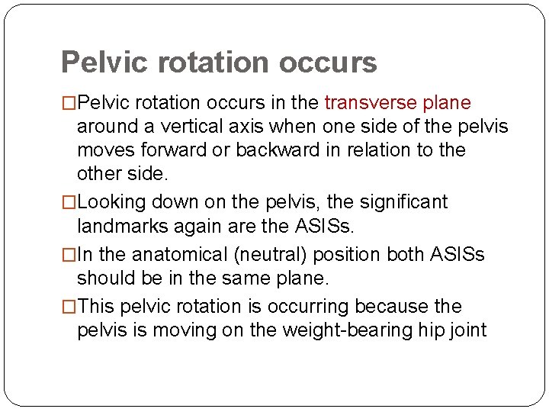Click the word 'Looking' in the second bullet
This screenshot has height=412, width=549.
pyautogui.click(x=110, y=202)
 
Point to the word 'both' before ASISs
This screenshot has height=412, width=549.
pyautogui.click(x=406, y=253)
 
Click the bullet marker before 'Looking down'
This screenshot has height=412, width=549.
pyautogui.click(x=69, y=202)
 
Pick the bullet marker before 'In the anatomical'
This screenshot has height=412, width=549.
pyautogui.click(x=69, y=253)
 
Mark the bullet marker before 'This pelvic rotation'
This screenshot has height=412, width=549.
pyautogui.click(x=69, y=307)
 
